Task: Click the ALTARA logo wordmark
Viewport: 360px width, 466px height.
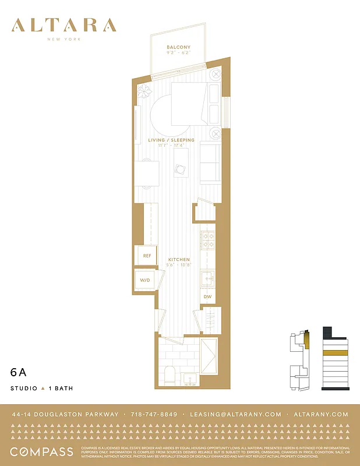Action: pos(64,25)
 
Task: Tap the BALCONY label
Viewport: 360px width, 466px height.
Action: pos(178,47)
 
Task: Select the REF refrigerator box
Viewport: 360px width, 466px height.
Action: pos(147,256)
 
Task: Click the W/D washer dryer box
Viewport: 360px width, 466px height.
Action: pos(144,280)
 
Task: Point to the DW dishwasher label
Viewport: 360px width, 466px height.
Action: pos(207,297)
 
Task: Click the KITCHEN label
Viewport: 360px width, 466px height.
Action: pos(179,259)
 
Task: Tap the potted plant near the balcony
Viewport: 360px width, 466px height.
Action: pos(143,91)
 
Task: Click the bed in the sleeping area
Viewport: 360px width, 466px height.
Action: pos(195,104)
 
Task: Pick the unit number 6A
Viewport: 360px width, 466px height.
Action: pos(18,371)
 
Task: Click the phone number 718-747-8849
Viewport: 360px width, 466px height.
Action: pos(154,414)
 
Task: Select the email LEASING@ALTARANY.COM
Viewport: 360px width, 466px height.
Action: pos(235,414)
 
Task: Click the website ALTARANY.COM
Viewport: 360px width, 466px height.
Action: pos(322,414)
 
